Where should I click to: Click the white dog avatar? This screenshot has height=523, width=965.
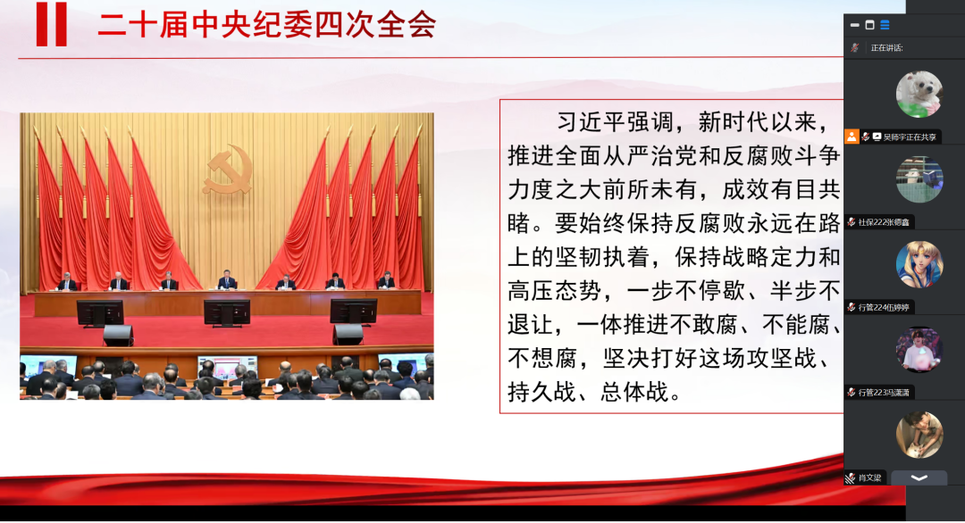919,94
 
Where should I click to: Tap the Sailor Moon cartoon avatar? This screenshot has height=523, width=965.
919,264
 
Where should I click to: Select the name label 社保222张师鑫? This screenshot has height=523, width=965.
884,222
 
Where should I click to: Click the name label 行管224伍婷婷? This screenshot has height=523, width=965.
884,307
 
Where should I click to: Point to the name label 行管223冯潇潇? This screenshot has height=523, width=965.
884,392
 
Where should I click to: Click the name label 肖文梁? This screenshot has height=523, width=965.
869,477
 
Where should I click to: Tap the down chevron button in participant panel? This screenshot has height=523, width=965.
919,477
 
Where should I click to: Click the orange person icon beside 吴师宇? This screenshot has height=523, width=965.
852,137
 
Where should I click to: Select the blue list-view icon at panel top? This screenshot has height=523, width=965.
885,25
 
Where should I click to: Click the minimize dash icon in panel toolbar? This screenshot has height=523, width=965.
854,25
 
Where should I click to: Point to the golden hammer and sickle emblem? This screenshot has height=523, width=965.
228,170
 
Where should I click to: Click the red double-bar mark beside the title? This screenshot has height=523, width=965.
51,24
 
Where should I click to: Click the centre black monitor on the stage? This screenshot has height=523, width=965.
227,312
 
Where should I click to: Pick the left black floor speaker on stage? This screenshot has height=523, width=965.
118,335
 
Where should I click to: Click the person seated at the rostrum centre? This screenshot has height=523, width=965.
227,280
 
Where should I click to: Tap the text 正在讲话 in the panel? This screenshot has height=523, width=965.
886,48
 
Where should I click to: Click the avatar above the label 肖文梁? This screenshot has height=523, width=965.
919,435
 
